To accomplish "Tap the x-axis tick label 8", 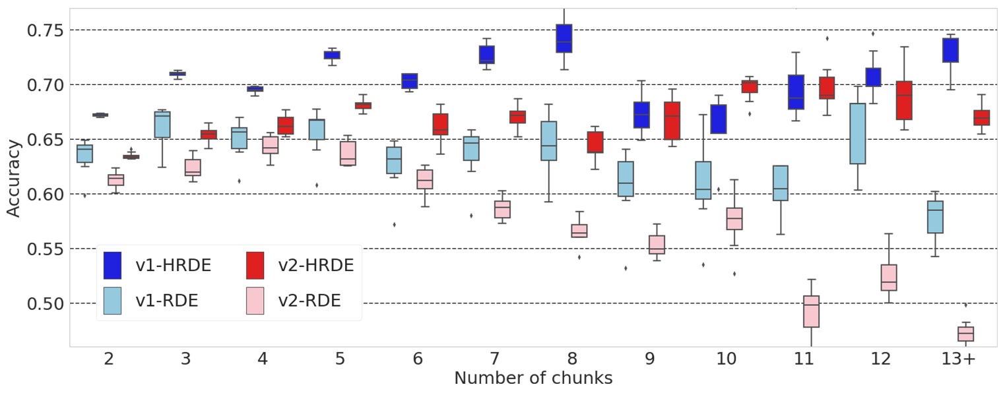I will pyautogui.click(x=572, y=359).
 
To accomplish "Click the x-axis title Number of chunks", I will pyautogui.click(x=533, y=378).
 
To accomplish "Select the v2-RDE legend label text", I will pyautogui.click(x=309, y=301).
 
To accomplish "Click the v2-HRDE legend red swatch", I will pyautogui.click(x=255, y=266).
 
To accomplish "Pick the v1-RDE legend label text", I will pyautogui.click(x=166, y=301).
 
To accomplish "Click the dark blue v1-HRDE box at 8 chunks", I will pyautogui.click(x=564, y=38).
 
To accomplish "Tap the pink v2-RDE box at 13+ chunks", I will pyautogui.click(x=966, y=334).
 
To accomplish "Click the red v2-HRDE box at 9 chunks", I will pyautogui.click(x=672, y=121).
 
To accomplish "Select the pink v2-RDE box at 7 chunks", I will pyautogui.click(x=503, y=209).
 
